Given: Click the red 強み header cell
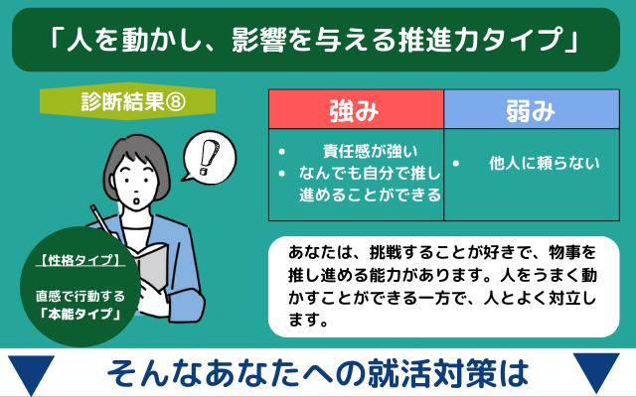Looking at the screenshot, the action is [356, 109].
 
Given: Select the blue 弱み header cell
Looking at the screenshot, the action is [532, 109].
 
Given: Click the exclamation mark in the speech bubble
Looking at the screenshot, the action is [209, 157].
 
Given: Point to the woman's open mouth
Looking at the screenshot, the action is [137, 201].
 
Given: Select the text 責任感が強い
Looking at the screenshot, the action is [370, 152].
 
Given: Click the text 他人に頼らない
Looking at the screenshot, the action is [544, 163].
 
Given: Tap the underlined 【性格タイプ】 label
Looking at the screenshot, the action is [80, 260].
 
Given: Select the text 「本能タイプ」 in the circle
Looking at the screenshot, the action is [80, 315].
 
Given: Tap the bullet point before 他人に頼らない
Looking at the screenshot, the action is [456, 164].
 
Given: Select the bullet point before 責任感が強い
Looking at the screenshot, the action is [282, 152].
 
